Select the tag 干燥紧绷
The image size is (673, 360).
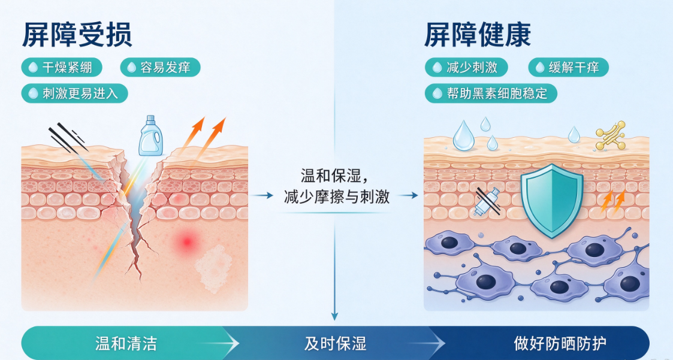pos(62,67)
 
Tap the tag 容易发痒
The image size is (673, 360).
pos(160,67)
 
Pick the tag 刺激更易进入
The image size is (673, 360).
pos(75,93)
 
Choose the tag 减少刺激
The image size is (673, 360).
pos(466,67)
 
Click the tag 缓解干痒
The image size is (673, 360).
pos(568,67)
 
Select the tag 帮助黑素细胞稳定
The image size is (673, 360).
pos(491,93)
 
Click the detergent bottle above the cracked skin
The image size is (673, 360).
pos(150,135)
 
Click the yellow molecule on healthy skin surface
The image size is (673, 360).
pos(610,135)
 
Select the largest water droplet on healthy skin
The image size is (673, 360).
pos(463,137)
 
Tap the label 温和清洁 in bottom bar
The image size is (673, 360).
pos(126,344)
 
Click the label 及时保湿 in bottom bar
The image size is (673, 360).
pos(335,344)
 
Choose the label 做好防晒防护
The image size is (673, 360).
pos(560,344)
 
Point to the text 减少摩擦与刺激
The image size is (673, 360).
pos(337,196)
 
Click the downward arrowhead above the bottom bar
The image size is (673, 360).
pos(334,317)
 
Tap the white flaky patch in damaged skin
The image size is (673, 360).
pos(213,269)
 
